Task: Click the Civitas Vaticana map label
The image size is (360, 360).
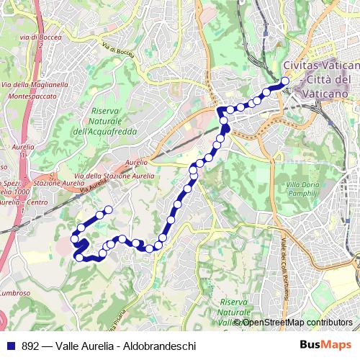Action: pyautogui.click(x=318, y=65)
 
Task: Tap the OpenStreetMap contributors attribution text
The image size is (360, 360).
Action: pyautogui.click(x=297, y=322)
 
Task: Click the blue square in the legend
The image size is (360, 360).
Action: pyautogui.click(x=9, y=346)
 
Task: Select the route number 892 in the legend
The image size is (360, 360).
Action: pyautogui.click(x=32, y=346)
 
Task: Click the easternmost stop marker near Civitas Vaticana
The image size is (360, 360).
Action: pyautogui.click(x=285, y=81)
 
